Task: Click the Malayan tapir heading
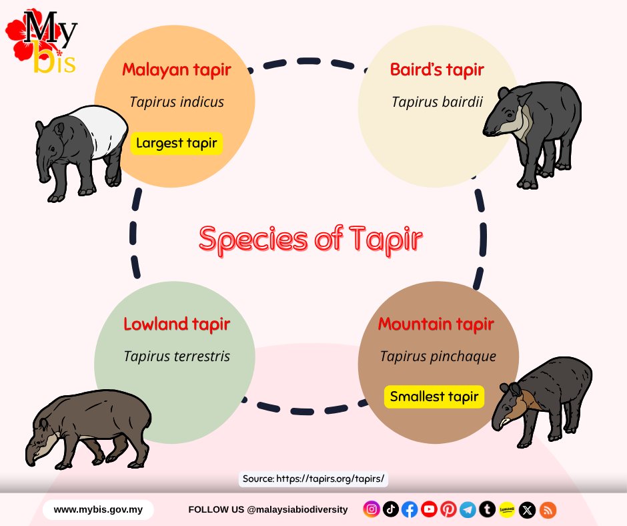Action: tap(176, 69)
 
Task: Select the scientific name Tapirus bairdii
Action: tap(437, 102)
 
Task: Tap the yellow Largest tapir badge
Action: tap(176, 143)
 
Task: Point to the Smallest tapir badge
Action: tap(434, 397)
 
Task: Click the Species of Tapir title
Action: tap(311, 239)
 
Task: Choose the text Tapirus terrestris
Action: tap(177, 356)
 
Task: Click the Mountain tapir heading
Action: tap(436, 324)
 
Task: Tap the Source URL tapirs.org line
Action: tap(313, 479)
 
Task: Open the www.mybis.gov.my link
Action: tap(98, 510)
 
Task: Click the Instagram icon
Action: tap(372, 510)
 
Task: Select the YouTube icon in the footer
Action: tap(429, 510)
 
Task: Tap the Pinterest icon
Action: tap(448, 510)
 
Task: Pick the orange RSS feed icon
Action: tap(548, 510)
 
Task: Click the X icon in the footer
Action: tap(528, 510)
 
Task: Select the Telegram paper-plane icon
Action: tap(468, 510)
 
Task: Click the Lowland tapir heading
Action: tap(177, 324)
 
